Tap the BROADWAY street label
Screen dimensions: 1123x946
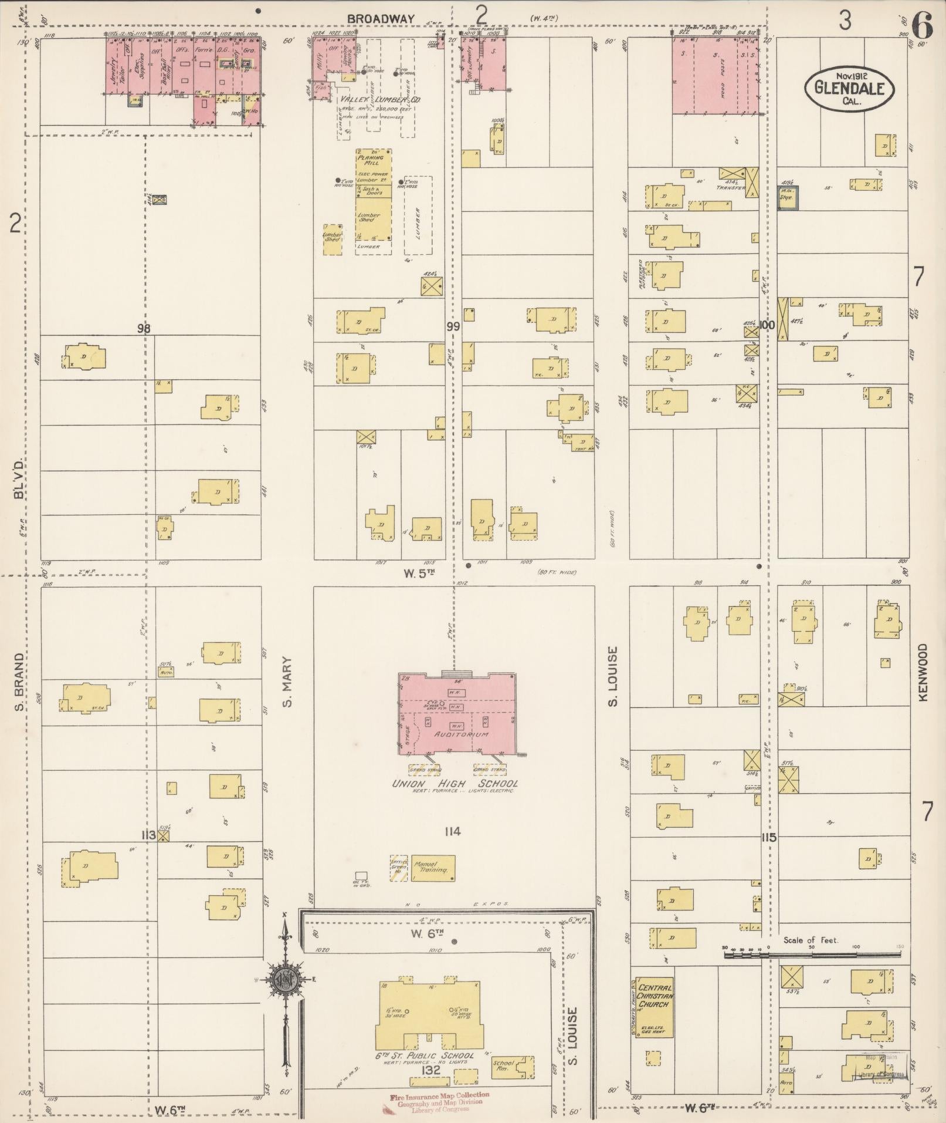tap(381, 19)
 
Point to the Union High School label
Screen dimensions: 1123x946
tap(455, 784)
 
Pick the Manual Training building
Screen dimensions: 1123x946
tap(433, 868)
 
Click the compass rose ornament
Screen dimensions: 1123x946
tap(285, 979)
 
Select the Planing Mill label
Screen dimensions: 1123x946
tap(370, 160)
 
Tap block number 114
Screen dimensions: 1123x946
tap(452, 831)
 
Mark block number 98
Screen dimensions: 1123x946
tap(144, 329)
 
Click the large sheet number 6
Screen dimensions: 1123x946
tap(923, 25)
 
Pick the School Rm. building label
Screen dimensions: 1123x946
tap(504, 1067)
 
